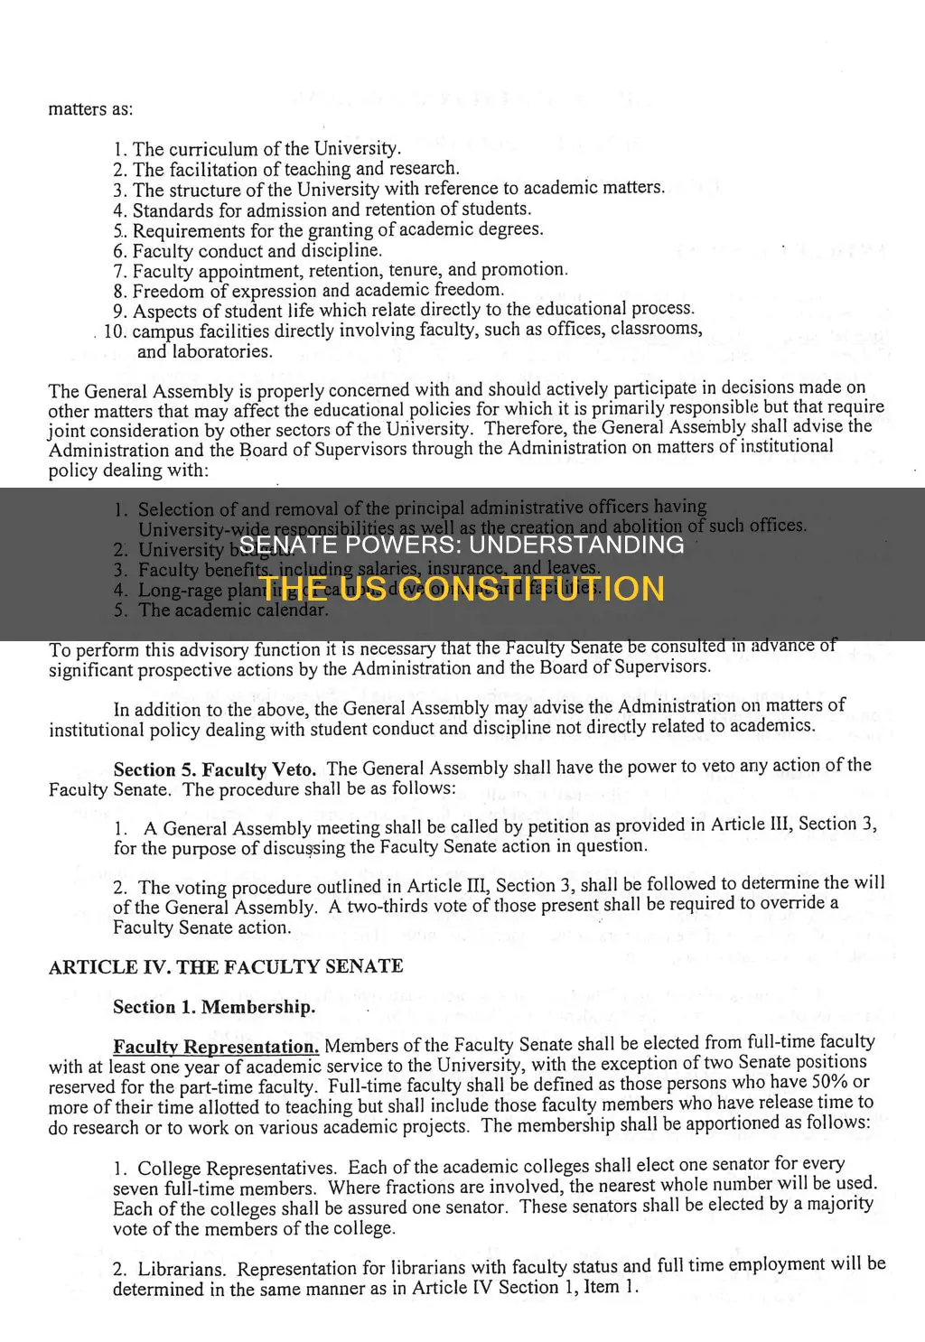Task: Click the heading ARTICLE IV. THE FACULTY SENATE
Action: click(x=226, y=966)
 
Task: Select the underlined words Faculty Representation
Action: click(x=216, y=1047)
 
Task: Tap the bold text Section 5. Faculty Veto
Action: click(x=215, y=769)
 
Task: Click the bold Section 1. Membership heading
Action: click(x=214, y=1007)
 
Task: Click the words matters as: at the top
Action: click(x=90, y=109)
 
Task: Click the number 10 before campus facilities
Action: click(x=115, y=331)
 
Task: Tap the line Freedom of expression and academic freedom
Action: click(x=318, y=291)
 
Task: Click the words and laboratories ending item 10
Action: click(x=204, y=351)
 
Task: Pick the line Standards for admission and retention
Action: click(x=332, y=210)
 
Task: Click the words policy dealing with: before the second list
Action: click(x=128, y=471)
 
